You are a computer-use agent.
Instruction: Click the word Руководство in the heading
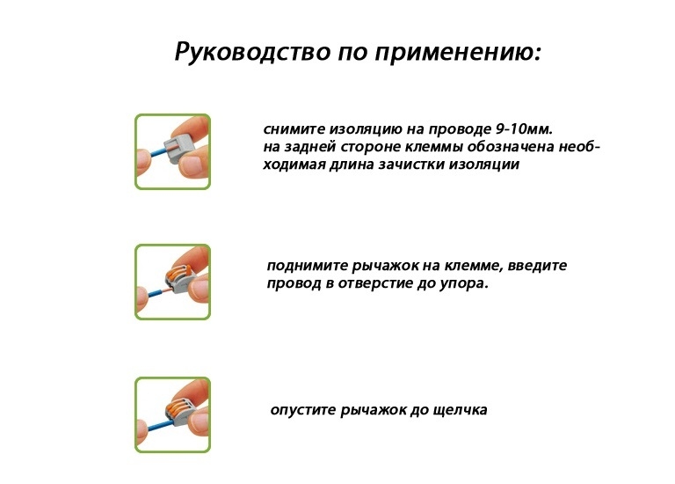253,52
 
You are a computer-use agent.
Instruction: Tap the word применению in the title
454,53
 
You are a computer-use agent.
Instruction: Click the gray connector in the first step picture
178,149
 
